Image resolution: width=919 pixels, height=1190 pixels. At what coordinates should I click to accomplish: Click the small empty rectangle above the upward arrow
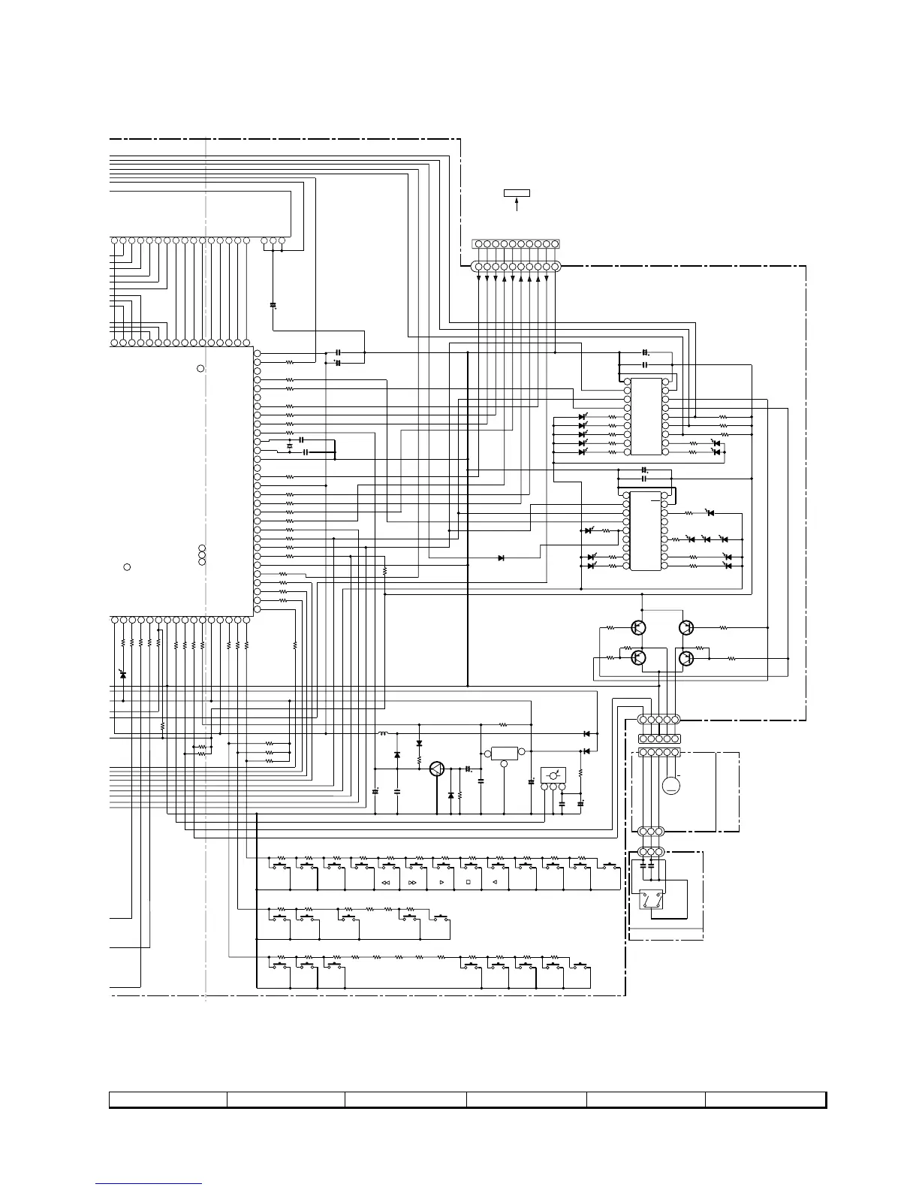(517, 193)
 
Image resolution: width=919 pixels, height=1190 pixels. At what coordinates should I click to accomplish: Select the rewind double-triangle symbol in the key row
(386, 883)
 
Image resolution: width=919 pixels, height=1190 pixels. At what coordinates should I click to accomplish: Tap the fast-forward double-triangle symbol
(412, 883)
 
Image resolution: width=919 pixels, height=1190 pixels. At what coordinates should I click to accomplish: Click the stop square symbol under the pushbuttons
(468, 883)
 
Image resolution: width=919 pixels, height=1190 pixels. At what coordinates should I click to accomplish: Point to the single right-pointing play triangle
(441, 883)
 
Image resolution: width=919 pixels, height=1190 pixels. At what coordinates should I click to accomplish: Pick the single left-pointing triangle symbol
(495, 883)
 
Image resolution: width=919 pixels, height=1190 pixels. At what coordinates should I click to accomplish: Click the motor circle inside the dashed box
(671, 786)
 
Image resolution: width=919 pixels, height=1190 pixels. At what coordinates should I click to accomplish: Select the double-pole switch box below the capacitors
(650, 900)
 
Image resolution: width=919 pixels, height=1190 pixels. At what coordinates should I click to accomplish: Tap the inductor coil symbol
(383, 733)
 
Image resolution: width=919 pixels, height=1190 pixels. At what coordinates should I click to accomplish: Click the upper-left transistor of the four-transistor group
(639, 627)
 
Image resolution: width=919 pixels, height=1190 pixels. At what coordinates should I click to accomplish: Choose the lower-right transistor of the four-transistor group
(685, 659)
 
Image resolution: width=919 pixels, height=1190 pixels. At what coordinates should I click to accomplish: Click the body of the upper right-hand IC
(646, 417)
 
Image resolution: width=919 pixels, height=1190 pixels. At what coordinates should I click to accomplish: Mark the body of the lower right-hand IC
(646, 530)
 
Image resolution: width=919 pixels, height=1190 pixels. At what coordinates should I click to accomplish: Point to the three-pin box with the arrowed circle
(553, 775)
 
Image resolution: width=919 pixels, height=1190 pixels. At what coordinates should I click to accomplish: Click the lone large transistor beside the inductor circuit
(437, 769)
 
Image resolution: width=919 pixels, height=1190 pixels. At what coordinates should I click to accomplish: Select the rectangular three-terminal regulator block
(504, 753)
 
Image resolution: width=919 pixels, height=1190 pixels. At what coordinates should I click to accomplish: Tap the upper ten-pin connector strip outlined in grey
(516, 244)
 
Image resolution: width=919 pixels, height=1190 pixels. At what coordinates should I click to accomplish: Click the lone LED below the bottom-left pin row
(123, 675)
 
